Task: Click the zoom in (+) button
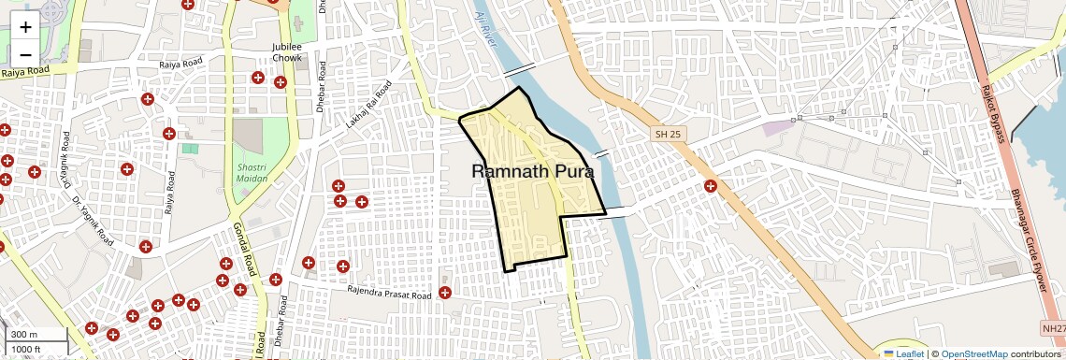(25, 26)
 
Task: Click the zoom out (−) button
(25, 54)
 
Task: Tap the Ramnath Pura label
(533, 171)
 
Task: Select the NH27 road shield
(1053, 328)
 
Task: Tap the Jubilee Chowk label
(286, 52)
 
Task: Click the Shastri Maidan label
(245, 171)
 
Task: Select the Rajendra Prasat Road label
(390, 295)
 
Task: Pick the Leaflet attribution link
(904, 353)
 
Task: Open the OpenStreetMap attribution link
(974, 353)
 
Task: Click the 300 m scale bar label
(24, 334)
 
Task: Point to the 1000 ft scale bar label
(28, 349)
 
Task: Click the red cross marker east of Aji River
(711, 186)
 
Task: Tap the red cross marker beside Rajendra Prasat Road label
(444, 293)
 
